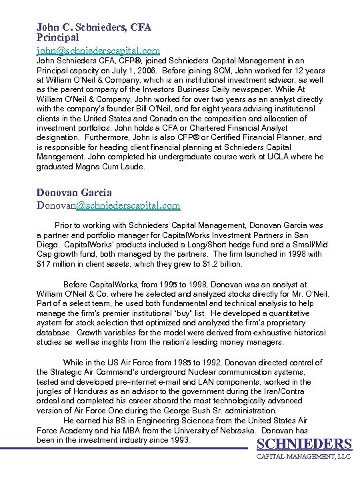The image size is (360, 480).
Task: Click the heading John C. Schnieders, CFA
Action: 93,27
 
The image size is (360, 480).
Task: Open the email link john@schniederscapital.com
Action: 98,50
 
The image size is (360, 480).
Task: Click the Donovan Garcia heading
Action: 74,193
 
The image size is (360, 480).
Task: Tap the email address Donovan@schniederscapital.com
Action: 108,205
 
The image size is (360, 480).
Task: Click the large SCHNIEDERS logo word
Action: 304,445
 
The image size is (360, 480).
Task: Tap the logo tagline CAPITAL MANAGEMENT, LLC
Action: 304,457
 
